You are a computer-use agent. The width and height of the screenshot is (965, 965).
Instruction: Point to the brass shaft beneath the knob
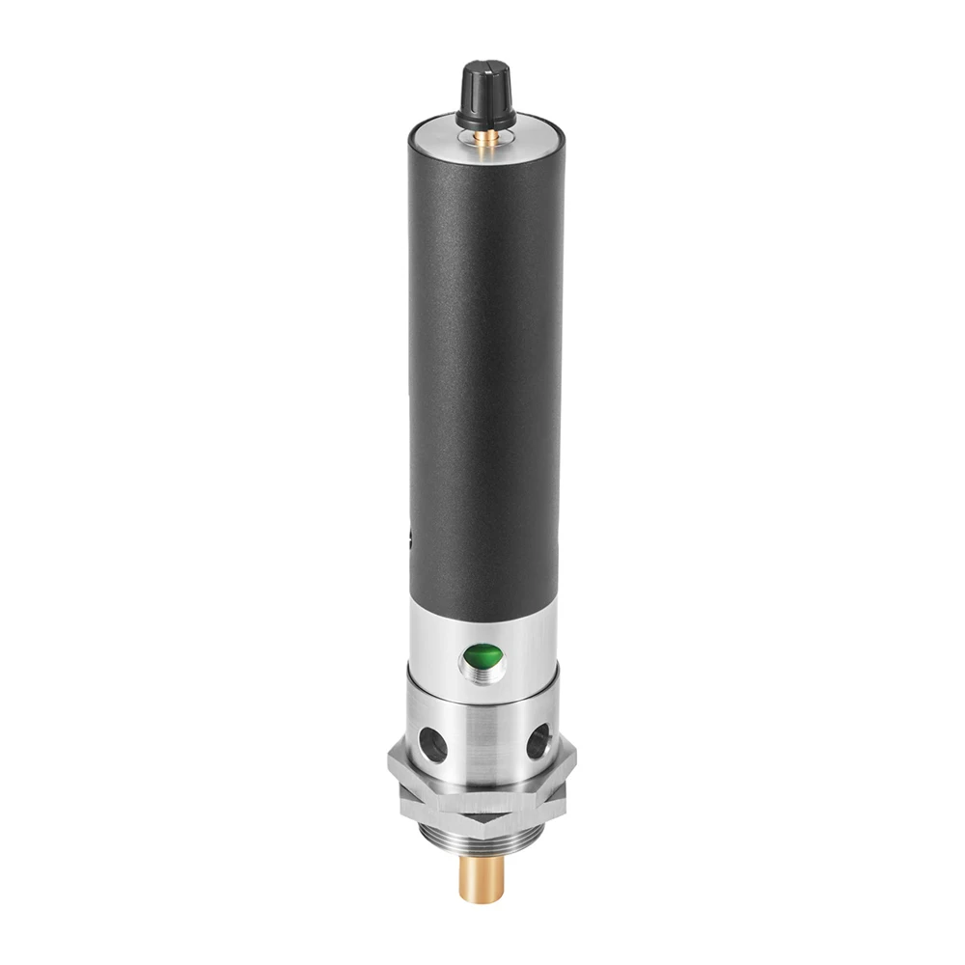click(x=484, y=139)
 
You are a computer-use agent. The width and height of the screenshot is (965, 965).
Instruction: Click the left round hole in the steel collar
click(x=428, y=742)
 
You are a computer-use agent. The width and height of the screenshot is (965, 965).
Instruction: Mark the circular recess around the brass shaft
click(x=484, y=146)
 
